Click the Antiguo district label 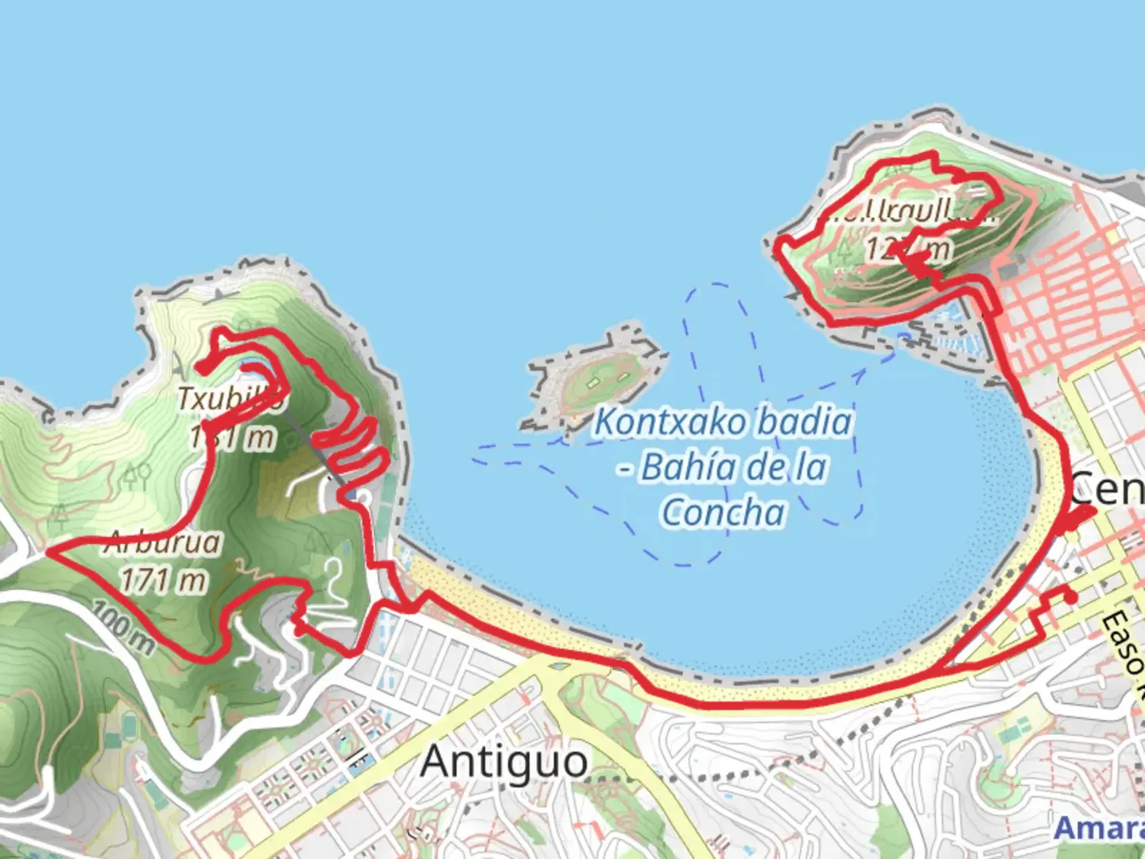coord(504,761)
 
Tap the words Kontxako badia coord(723,422)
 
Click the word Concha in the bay coord(723,511)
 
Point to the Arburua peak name coord(162,543)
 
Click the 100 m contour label coord(122,628)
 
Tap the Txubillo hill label coord(228,398)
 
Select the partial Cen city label coord(1107,488)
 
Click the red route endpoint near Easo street coord(1070,597)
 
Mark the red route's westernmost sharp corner coord(49,550)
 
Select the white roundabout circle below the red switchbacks coord(363,498)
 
